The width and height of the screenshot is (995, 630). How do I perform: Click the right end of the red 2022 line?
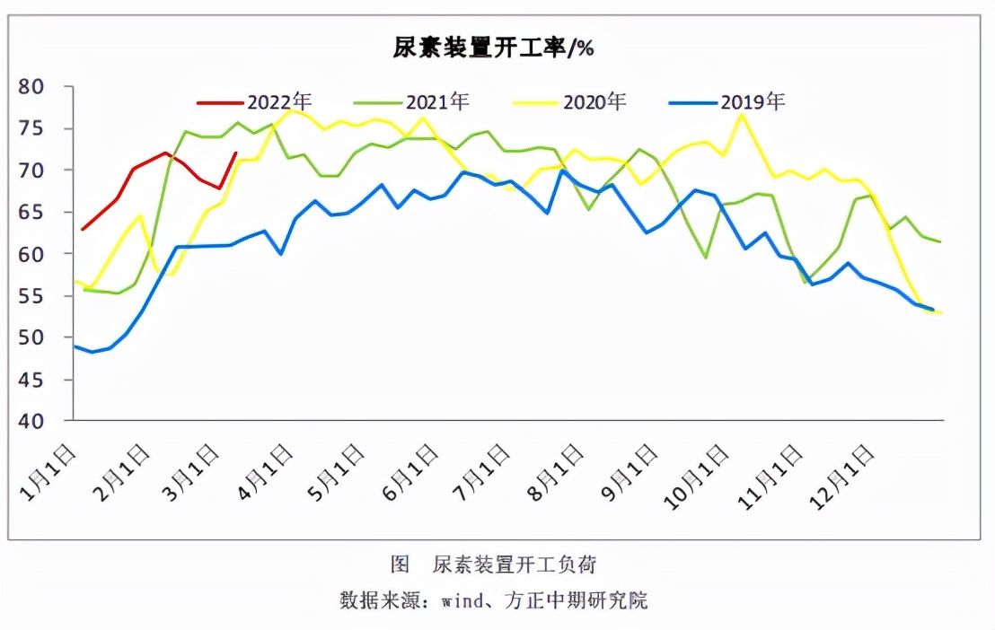[x=235, y=153]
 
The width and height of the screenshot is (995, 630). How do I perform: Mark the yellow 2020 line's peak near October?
[x=741, y=114]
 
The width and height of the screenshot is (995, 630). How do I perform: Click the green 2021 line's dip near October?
[x=706, y=258]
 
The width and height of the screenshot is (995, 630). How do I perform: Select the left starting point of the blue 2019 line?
[x=75, y=346]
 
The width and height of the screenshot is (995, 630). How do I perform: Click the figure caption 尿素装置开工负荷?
[x=515, y=564]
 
